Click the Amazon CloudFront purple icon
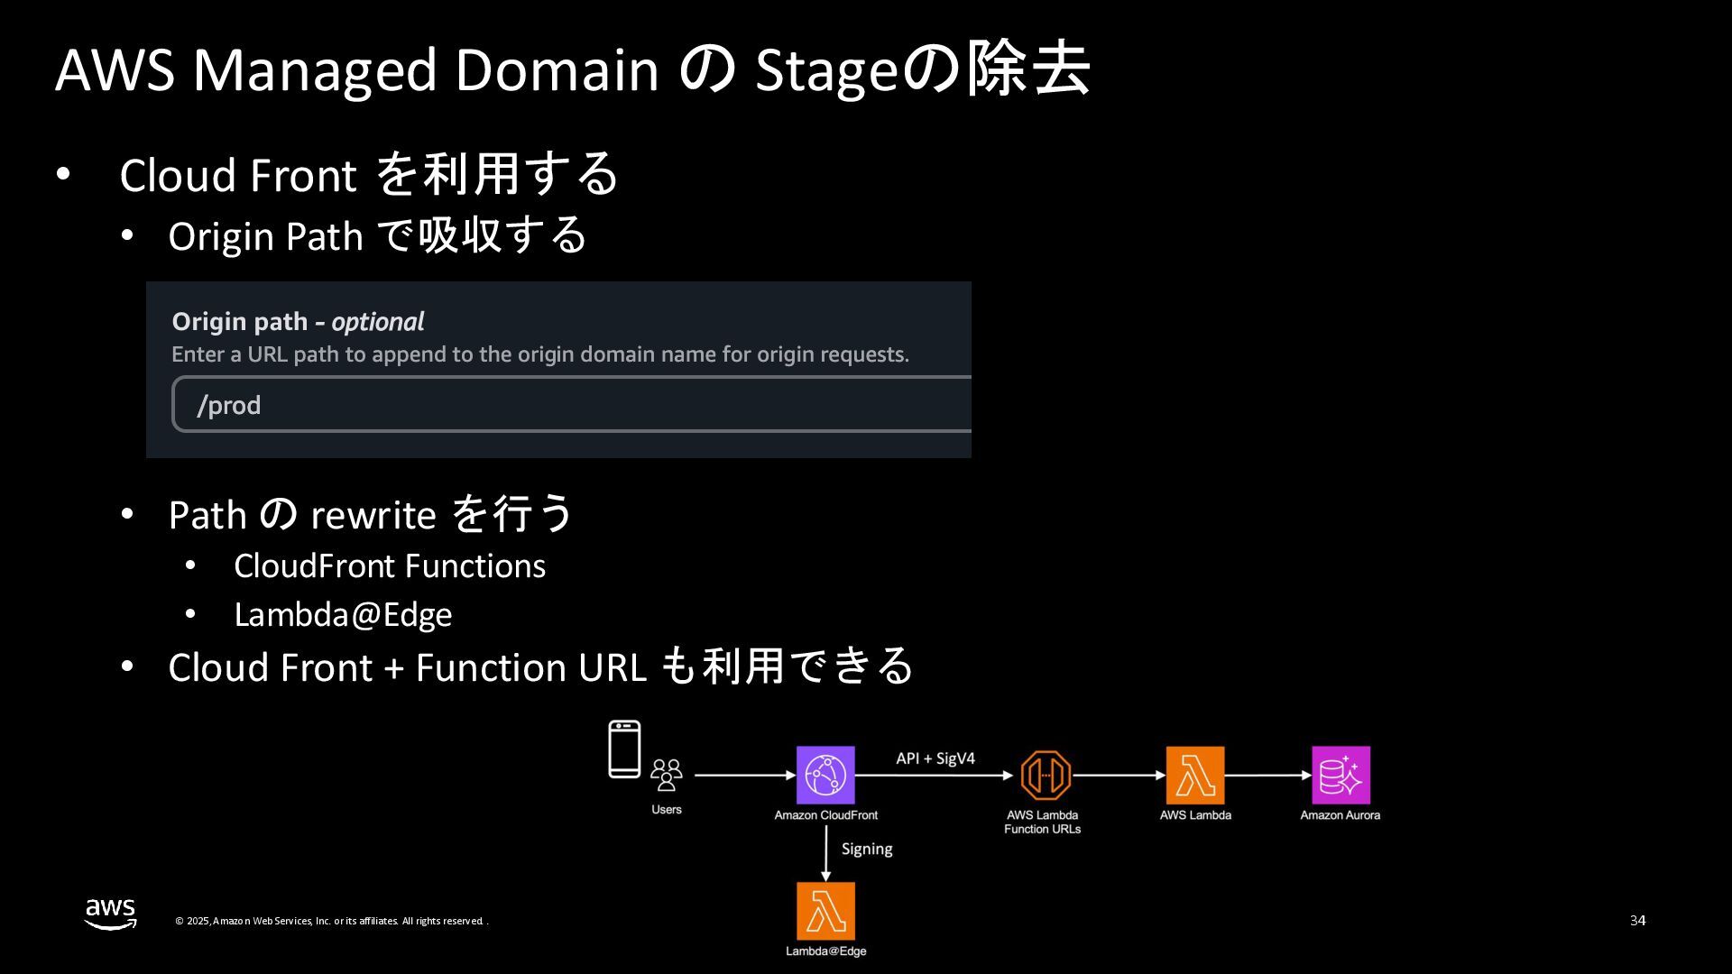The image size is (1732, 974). point(825,775)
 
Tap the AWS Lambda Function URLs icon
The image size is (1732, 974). point(1046,775)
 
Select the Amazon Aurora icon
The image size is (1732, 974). point(1340,775)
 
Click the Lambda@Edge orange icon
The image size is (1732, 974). point(825,911)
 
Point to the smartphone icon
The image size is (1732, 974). point(624,749)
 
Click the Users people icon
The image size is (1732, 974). point(667,775)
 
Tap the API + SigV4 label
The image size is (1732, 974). point(935,758)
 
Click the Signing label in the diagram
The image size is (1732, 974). point(867,849)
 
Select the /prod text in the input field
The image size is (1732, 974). point(229,405)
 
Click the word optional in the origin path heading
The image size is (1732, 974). point(377,322)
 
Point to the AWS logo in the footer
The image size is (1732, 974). point(110,914)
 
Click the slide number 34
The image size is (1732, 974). point(1637,920)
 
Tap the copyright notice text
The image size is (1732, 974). point(331,921)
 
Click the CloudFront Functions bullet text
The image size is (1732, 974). point(390,565)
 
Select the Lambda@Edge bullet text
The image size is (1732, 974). point(343,614)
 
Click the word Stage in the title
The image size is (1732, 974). point(826,70)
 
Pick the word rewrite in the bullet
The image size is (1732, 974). point(373,515)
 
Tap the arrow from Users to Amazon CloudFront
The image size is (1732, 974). point(744,775)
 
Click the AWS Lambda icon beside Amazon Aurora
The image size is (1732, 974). point(1195,775)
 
